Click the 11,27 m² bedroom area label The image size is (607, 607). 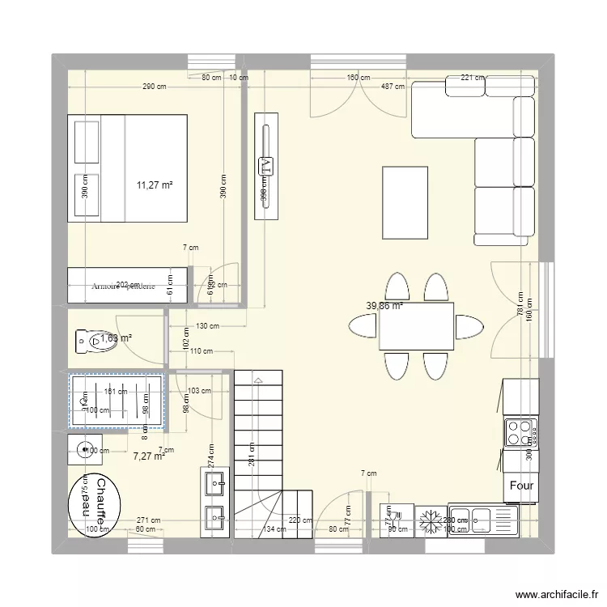click(x=155, y=185)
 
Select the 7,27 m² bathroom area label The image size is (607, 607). click(x=149, y=456)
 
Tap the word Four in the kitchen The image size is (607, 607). click(x=520, y=486)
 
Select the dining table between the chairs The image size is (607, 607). click(x=416, y=325)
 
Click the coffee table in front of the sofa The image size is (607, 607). click(x=405, y=202)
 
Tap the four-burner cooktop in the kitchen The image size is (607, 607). click(x=520, y=432)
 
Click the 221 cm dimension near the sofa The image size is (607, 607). click(x=472, y=78)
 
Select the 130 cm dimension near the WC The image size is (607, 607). click(x=208, y=326)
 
